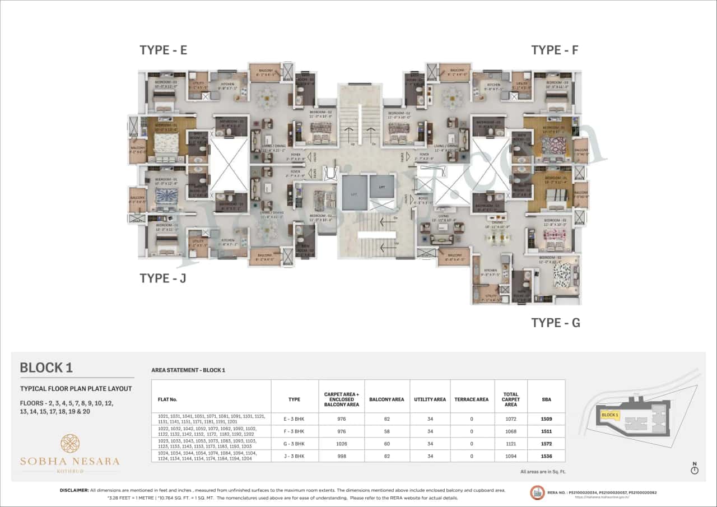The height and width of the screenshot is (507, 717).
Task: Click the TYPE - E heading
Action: [x=163, y=50]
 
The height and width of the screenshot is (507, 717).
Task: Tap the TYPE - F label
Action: [x=555, y=50]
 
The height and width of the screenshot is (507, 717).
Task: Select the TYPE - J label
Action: [x=162, y=278]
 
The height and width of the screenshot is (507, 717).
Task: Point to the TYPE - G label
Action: [x=556, y=323]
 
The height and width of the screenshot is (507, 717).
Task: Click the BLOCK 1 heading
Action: [x=46, y=368]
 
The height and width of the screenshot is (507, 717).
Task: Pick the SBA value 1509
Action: [x=546, y=417]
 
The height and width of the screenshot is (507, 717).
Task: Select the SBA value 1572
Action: [x=546, y=444]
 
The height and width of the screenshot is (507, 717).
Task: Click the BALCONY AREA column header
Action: [x=387, y=399]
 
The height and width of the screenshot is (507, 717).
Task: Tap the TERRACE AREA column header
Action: [x=471, y=399]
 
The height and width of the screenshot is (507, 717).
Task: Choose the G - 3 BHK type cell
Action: [x=294, y=444]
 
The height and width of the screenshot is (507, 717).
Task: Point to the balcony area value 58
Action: [x=387, y=431]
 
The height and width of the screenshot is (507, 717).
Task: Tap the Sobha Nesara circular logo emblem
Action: [x=70, y=443]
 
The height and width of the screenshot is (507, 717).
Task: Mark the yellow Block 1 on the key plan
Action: [x=609, y=415]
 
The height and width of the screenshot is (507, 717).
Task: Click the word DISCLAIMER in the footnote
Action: [x=74, y=490]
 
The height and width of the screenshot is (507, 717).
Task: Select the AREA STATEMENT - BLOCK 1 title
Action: [x=188, y=370]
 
